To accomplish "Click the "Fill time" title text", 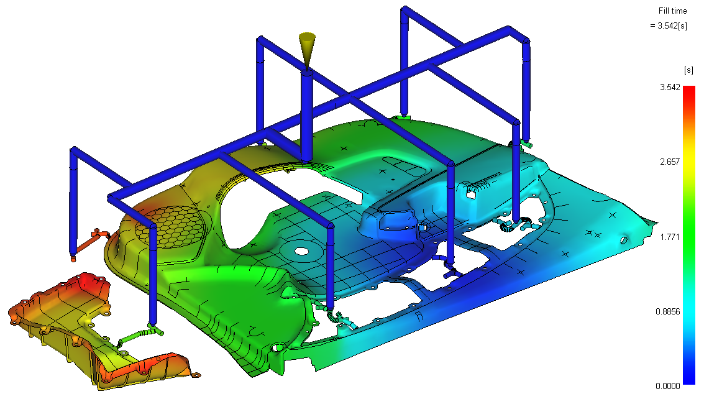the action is [672, 11].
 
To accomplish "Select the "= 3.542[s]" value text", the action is [669, 25].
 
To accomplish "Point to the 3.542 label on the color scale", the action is [670, 87].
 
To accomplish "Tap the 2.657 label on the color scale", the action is [670, 162].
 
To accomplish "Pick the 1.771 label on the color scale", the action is [670, 237].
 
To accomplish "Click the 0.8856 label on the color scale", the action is [668, 311].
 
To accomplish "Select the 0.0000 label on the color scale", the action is [668, 386].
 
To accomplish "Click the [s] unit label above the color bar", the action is [688, 70].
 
